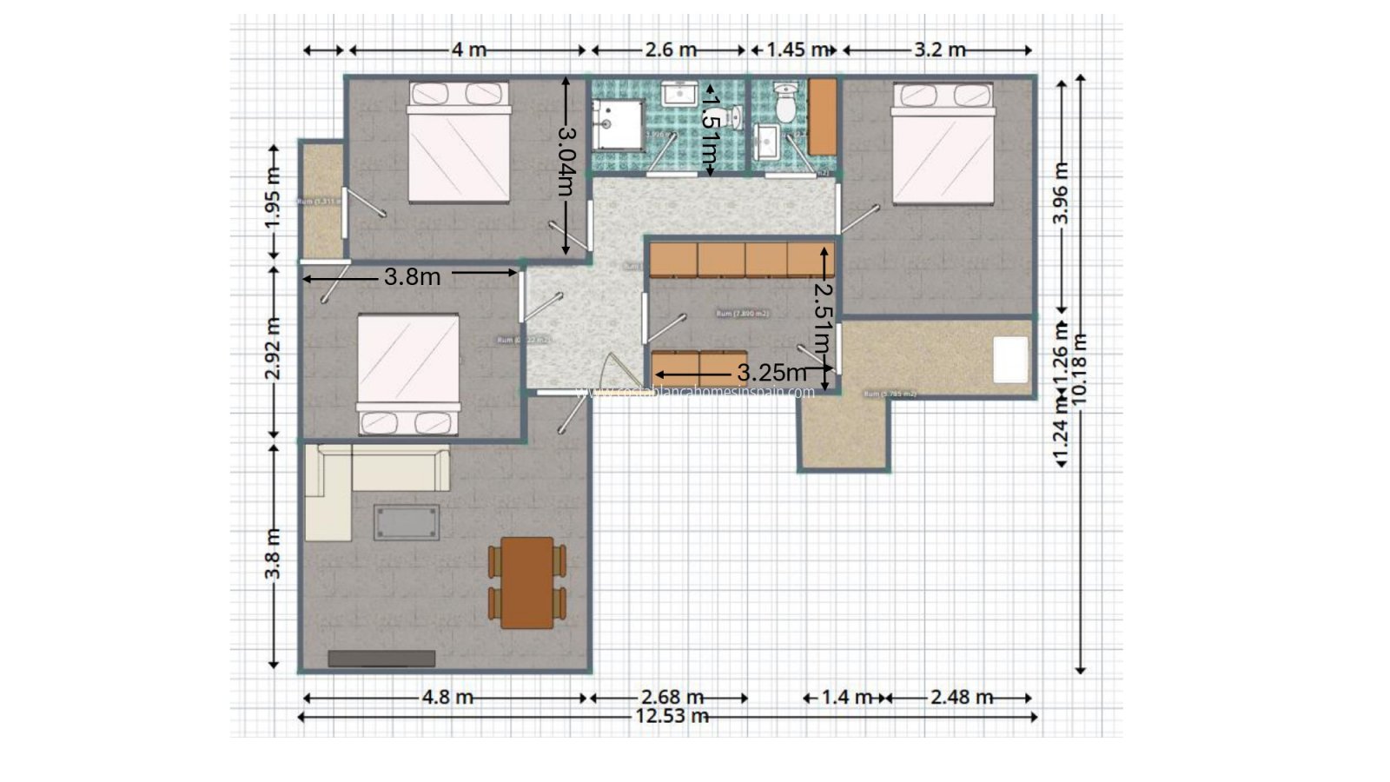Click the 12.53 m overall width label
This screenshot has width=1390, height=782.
[x=672, y=717]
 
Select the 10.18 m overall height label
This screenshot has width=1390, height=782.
[x=1081, y=368]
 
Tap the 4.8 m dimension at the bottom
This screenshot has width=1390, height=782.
[x=447, y=697]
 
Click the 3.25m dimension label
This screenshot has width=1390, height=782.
[x=771, y=373]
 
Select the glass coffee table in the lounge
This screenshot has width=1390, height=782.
[x=407, y=522]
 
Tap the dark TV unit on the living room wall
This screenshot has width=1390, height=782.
[x=381, y=659]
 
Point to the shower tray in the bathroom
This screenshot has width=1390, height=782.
[x=618, y=124]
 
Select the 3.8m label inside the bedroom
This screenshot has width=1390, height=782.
[x=412, y=277]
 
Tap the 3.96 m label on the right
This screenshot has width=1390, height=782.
[x=1061, y=193]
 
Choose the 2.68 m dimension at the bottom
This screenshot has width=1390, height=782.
[x=672, y=697]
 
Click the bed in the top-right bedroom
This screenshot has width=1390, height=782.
[x=943, y=144]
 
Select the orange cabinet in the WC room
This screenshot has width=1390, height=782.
[x=822, y=116]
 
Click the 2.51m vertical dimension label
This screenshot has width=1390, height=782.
[x=824, y=317]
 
